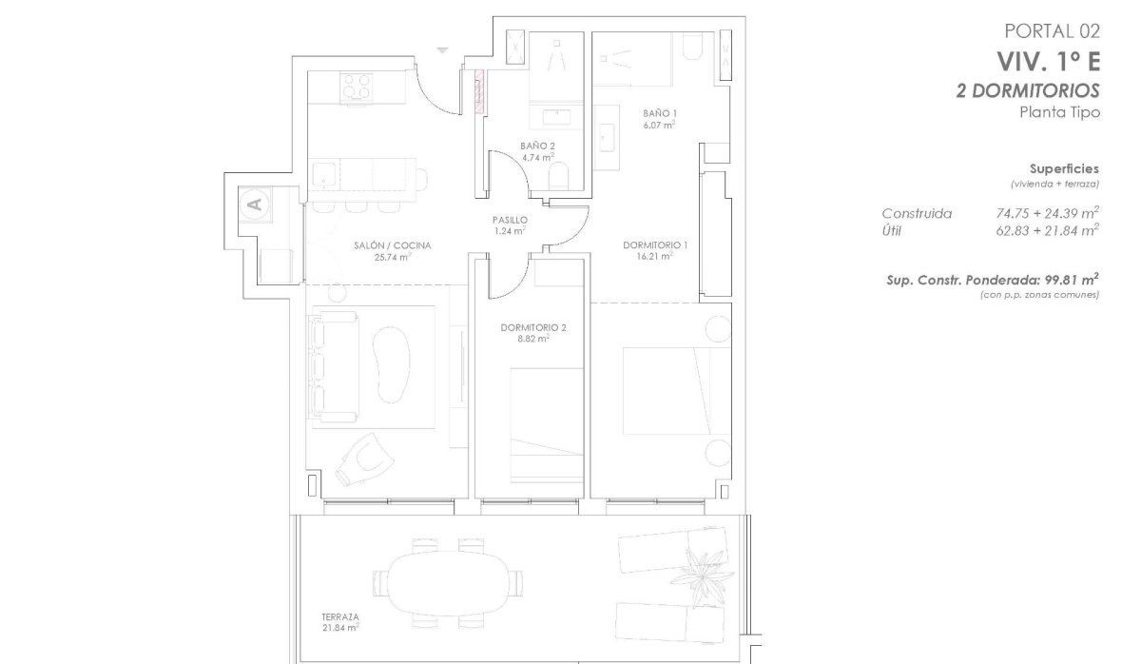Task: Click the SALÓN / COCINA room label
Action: (392, 245)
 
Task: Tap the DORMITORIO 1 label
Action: (655, 245)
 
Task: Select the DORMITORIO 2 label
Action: (533, 327)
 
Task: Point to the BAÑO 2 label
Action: (537, 146)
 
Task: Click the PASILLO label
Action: (510, 220)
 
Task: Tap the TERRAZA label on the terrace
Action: (340, 616)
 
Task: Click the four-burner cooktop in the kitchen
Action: (356, 87)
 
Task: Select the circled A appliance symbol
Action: (255, 205)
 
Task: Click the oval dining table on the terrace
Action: (448, 583)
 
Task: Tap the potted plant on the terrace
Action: (702, 576)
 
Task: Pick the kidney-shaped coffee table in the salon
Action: (391, 363)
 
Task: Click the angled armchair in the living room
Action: (364, 459)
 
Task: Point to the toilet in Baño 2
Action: (559, 176)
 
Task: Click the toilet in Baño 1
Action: (691, 46)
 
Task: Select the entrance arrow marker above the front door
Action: (442, 50)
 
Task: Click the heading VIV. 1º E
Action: (1048, 62)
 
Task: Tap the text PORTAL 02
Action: (1052, 31)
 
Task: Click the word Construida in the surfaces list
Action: (917, 213)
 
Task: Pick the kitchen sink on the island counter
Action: (322, 174)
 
